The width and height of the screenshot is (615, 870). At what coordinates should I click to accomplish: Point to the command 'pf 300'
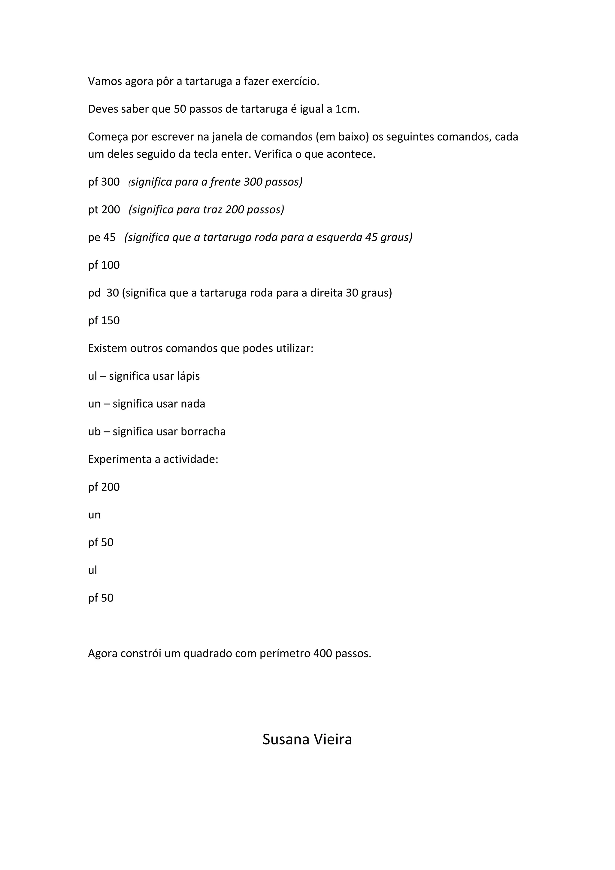104,182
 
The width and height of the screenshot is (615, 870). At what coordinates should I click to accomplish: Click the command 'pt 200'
104,210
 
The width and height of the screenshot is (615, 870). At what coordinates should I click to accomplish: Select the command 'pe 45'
101,238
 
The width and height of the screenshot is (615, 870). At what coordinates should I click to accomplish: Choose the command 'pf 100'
104,265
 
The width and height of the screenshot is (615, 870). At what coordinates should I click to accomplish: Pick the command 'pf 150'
104,320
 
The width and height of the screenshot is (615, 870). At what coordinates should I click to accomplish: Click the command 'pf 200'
104,487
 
